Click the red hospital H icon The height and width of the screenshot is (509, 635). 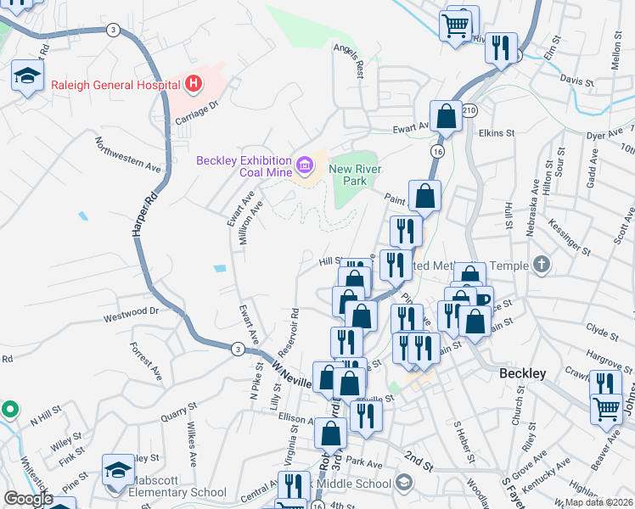194,84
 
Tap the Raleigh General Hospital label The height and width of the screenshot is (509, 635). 115,85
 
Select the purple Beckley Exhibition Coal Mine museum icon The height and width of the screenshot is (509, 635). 303,161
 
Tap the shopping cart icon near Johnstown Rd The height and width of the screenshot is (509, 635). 606,410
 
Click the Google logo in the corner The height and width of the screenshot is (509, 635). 27,499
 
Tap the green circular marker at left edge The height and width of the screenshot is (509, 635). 9,410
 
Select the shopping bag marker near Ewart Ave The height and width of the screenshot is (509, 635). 446,117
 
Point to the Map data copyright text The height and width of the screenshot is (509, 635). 599,502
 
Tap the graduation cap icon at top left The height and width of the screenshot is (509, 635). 27,76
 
